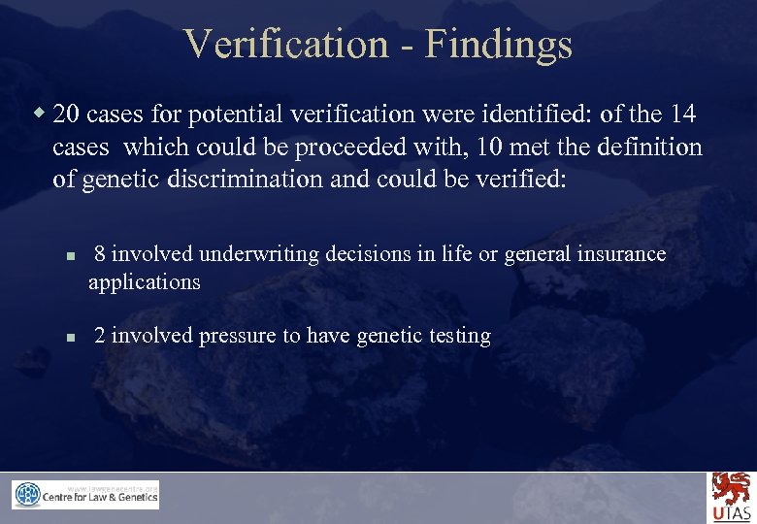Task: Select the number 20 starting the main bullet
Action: point(66,115)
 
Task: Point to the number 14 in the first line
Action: point(682,115)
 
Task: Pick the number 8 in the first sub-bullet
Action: point(100,254)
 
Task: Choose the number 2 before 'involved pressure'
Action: point(100,336)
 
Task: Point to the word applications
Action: point(145,282)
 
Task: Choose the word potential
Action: point(234,115)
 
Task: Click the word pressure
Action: point(238,336)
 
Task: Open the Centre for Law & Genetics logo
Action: point(85,495)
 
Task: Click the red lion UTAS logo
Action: point(731,495)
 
